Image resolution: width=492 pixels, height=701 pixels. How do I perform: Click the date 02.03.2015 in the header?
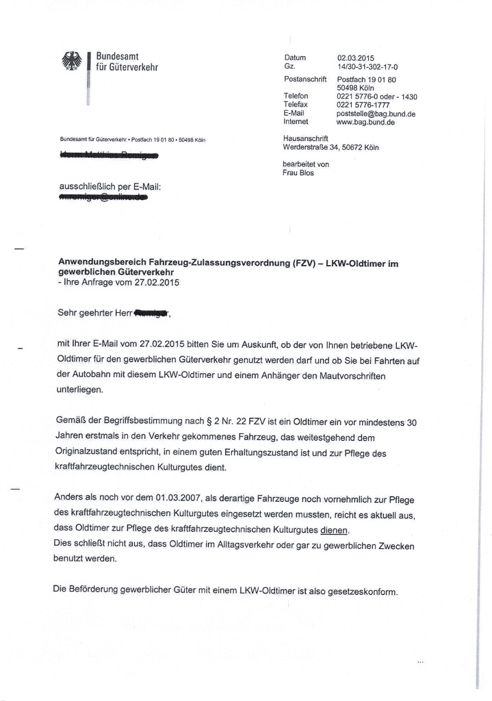tap(356, 58)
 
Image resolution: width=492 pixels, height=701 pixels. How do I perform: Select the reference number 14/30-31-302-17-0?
tap(367, 67)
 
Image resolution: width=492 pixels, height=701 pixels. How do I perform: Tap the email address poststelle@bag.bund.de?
tap(376, 114)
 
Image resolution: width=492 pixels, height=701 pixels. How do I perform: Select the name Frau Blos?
tap(298, 173)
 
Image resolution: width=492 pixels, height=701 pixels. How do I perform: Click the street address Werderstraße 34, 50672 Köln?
tap(331, 147)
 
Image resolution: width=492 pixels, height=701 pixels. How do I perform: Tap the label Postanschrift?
tap(305, 80)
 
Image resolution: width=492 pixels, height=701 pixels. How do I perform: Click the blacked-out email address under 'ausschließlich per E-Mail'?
tap(103, 199)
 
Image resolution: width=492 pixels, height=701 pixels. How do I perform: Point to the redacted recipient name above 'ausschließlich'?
tap(109, 157)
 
